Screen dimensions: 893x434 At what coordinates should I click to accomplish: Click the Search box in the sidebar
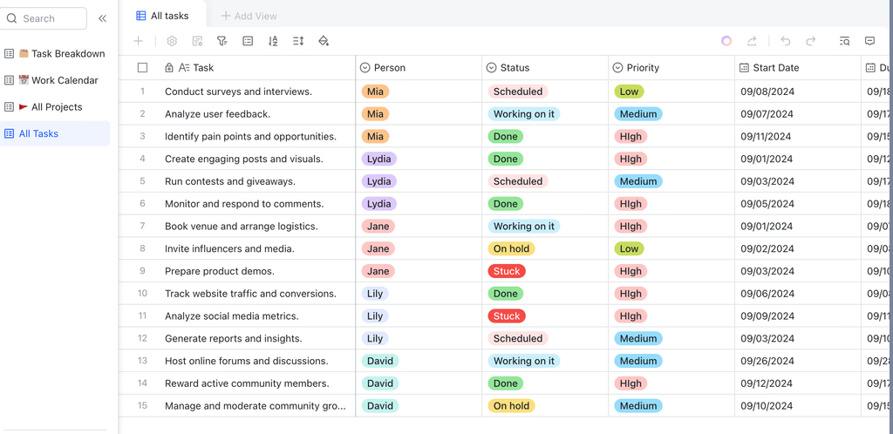coord(44,18)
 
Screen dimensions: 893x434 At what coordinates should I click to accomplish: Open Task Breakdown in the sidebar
coord(55,53)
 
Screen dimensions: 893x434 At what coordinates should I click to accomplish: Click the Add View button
coord(249,16)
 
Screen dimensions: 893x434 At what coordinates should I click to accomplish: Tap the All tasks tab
coord(163,16)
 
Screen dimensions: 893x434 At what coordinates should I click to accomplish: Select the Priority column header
coord(636,68)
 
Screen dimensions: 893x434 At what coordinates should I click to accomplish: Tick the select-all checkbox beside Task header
coord(142,68)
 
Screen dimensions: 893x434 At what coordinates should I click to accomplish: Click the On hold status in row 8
coord(511,248)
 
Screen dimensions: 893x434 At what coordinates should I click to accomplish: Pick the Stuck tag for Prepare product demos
coord(507,271)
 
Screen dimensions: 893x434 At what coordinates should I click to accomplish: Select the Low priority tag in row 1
coord(629,92)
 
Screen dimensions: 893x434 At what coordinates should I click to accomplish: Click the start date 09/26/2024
coord(767,361)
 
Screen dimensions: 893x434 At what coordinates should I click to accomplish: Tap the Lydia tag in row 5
coord(378,181)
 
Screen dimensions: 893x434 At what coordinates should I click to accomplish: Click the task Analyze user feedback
coord(217,114)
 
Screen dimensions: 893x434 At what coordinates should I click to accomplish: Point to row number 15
coord(142,406)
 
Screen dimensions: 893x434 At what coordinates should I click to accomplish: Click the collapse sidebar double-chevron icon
coord(103,18)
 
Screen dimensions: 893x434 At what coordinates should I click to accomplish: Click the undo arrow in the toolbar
coord(786,41)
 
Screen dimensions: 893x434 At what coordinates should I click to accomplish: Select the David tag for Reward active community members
coord(380,383)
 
